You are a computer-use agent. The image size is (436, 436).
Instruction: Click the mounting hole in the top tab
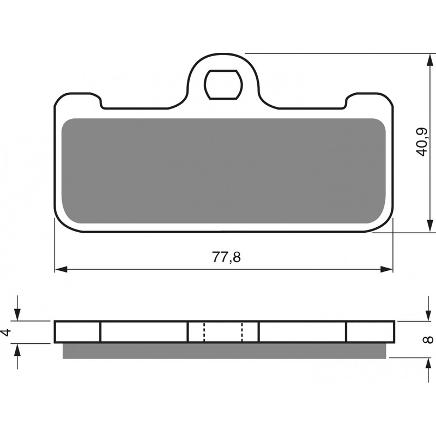[223, 84]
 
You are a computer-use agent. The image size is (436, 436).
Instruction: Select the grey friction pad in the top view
[223, 171]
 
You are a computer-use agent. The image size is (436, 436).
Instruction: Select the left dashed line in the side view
[204, 332]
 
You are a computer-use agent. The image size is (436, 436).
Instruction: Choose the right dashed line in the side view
[242, 332]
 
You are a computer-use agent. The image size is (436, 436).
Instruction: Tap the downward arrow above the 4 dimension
[18, 315]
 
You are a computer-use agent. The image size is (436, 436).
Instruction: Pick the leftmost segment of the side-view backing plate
[77, 332]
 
